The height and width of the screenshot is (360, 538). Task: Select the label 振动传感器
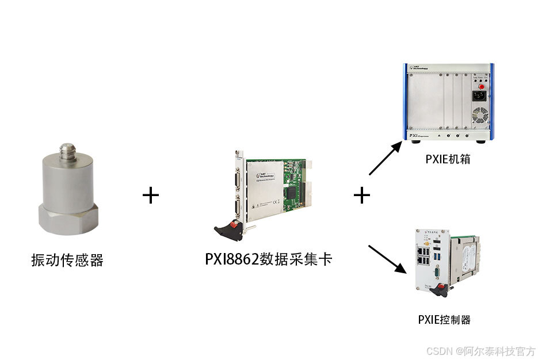[67, 260]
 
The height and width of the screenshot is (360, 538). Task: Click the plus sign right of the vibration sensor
[150, 196]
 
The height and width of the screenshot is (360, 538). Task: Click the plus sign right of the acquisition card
[361, 196]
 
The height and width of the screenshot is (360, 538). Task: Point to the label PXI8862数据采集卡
[269, 259]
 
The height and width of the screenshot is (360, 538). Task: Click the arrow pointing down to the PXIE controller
[385, 259]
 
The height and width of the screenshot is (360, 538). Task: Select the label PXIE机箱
[448, 159]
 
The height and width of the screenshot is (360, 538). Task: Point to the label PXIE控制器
[444, 319]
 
